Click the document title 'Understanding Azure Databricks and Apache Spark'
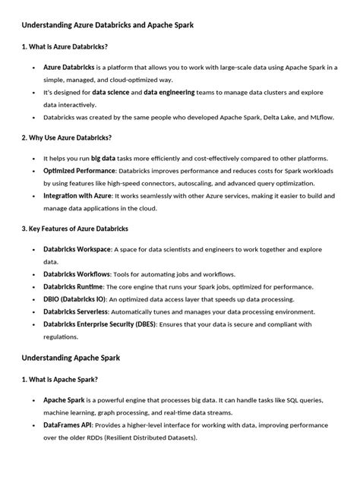(x=107, y=25)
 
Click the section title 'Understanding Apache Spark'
(x=72, y=356)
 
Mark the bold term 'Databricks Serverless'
(x=77, y=311)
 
